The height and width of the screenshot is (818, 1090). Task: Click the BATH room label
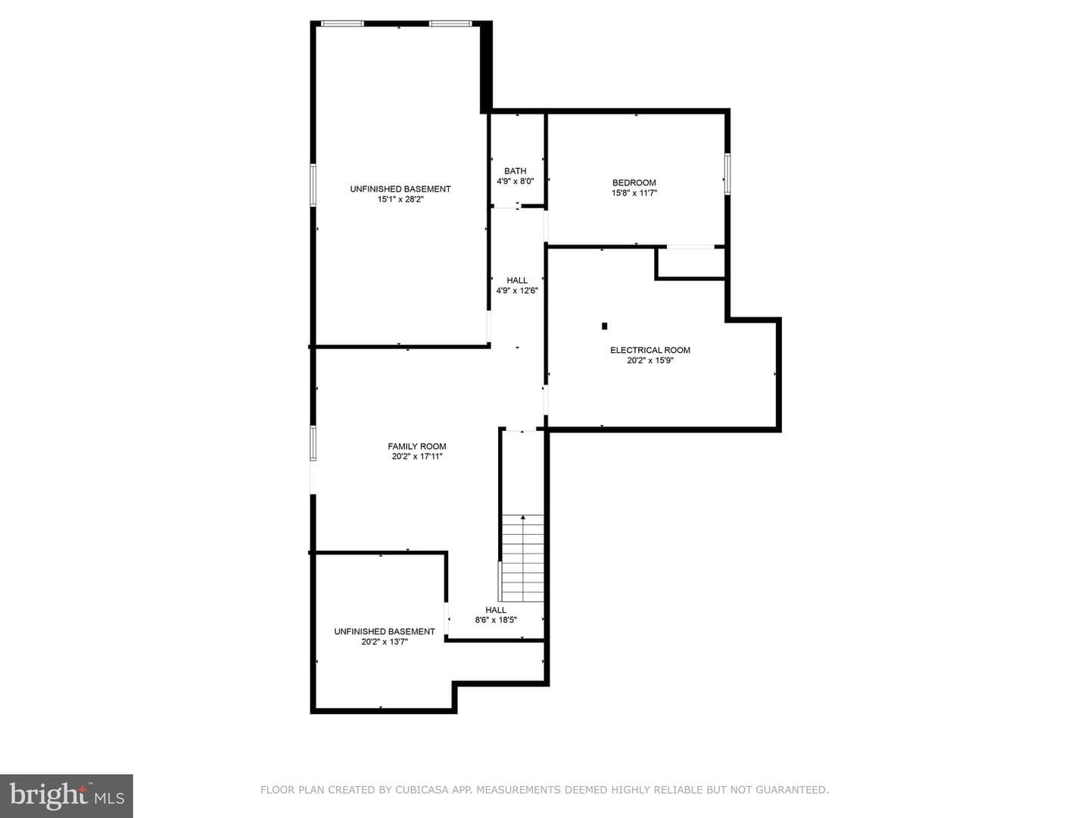coord(515,171)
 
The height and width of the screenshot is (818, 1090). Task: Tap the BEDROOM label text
coord(634,183)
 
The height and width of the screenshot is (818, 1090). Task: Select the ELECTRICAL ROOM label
coord(650,350)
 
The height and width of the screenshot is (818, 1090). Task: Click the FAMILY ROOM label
coord(416,447)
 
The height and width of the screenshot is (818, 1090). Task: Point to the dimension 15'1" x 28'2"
coord(400,199)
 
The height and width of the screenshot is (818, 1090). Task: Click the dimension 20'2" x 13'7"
coord(385,642)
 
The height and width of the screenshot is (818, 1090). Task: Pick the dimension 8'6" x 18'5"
coord(496,620)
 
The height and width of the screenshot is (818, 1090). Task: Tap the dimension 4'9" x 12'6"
coord(516,291)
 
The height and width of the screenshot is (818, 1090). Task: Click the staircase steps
coord(522,559)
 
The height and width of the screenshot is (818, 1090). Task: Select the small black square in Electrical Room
coord(604,326)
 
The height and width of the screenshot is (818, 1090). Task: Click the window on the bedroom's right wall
coord(727,174)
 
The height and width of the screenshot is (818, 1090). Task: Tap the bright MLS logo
coord(67,796)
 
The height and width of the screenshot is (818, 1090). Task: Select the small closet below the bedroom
coord(690,264)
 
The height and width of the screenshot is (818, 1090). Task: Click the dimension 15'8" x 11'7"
coord(634,193)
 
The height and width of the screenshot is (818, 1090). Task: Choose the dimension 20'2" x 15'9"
coord(650,361)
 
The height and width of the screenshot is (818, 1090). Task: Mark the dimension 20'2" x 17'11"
coord(416,457)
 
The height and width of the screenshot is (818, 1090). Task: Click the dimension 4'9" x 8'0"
coord(515,181)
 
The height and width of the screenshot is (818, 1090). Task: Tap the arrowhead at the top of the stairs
coord(522,517)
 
